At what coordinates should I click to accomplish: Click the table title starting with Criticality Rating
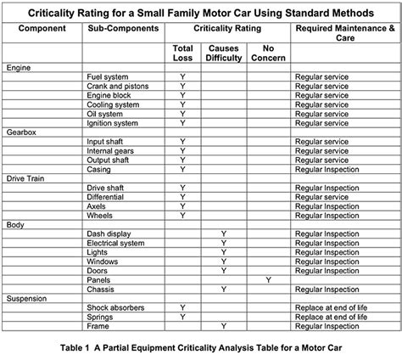point(200,13)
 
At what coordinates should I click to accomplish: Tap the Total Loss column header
point(182,53)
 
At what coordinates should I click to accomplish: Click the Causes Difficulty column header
point(222,53)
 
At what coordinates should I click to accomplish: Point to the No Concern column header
point(268,53)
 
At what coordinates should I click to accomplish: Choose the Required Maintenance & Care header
point(343,33)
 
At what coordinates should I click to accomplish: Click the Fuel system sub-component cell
point(107,76)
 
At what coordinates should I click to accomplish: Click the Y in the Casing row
point(182,168)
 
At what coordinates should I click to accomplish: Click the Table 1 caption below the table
point(200,347)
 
